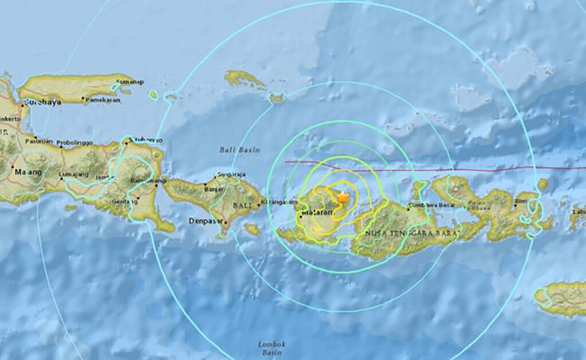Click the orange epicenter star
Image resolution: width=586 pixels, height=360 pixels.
pyautogui.click(x=343, y=196)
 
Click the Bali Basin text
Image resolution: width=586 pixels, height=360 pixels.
pyautogui.click(x=239, y=150)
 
